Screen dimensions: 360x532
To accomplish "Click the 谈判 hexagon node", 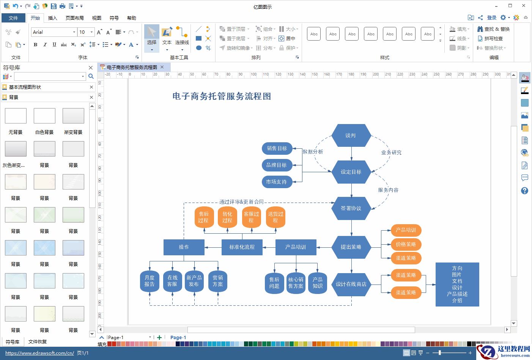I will (351, 135).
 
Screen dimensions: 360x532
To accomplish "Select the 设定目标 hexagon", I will (351, 172).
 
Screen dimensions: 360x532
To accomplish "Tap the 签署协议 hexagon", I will (351, 208).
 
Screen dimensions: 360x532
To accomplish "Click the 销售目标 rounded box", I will (277, 148).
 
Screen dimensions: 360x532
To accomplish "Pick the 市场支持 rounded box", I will (277, 182).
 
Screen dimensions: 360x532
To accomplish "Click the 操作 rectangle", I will (184, 247).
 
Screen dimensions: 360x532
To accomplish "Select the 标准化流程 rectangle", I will (242, 247).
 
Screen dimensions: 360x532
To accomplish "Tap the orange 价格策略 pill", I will (406, 244).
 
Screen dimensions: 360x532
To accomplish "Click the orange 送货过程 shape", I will (275, 217).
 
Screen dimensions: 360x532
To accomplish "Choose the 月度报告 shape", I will (150, 281).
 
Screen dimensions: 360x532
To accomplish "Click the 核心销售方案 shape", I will (296, 283).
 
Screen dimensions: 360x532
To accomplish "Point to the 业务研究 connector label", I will (391, 152).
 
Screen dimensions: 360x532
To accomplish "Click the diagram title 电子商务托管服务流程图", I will (222, 96).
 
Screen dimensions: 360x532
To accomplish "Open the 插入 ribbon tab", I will (53, 18).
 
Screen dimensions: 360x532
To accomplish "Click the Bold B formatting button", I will (36, 44).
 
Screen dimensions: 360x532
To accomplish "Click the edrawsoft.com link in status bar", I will (39, 353).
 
